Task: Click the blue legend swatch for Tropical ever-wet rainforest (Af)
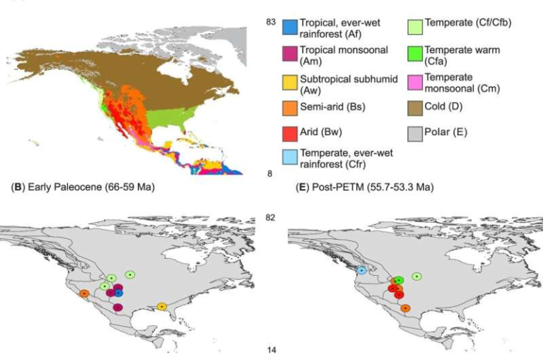(x=288, y=28)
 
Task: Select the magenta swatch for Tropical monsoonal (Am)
(x=288, y=54)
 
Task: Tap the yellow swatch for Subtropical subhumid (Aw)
(x=288, y=81)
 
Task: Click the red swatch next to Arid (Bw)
(x=288, y=132)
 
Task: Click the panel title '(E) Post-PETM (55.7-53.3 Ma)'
(x=365, y=189)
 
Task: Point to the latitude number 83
(x=270, y=23)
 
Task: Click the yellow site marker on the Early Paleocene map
(x=162, y=306)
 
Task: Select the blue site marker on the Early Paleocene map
(x=119, y=293)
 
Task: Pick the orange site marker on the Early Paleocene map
(x=83, y=294)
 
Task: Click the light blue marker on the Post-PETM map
(x=361, y=270)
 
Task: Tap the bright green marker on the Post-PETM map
(x=399, y=281)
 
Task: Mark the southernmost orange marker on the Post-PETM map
(x=405, y=308)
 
